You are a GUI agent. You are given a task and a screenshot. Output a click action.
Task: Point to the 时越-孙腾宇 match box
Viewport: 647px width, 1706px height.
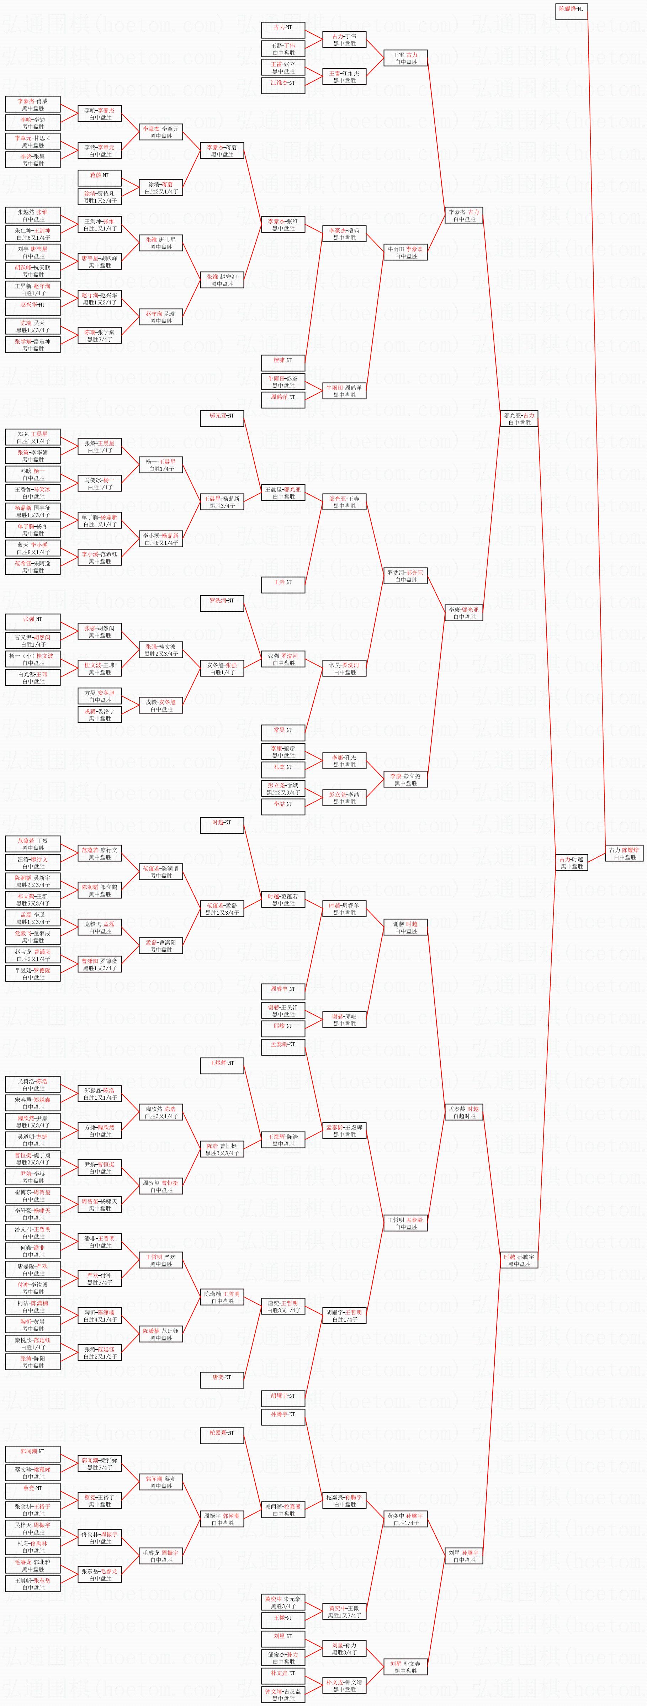click(x=519, y=1260)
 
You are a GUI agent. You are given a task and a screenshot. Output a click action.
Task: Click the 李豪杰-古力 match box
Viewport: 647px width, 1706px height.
click(x=463, y=215)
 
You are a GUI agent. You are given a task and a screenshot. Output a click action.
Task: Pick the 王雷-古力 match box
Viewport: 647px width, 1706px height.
click(x=405, y=58)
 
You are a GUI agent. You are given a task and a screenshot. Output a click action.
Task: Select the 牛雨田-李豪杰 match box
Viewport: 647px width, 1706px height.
click(x=405, y=252)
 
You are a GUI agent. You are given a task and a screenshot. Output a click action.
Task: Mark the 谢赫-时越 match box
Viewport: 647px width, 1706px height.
click(x=405, y=927)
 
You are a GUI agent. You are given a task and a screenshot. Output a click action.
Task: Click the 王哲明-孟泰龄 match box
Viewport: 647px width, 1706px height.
click(x=405, y=1223)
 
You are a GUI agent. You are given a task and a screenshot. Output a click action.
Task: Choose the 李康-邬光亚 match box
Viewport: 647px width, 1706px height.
click(x=463, y=613)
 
